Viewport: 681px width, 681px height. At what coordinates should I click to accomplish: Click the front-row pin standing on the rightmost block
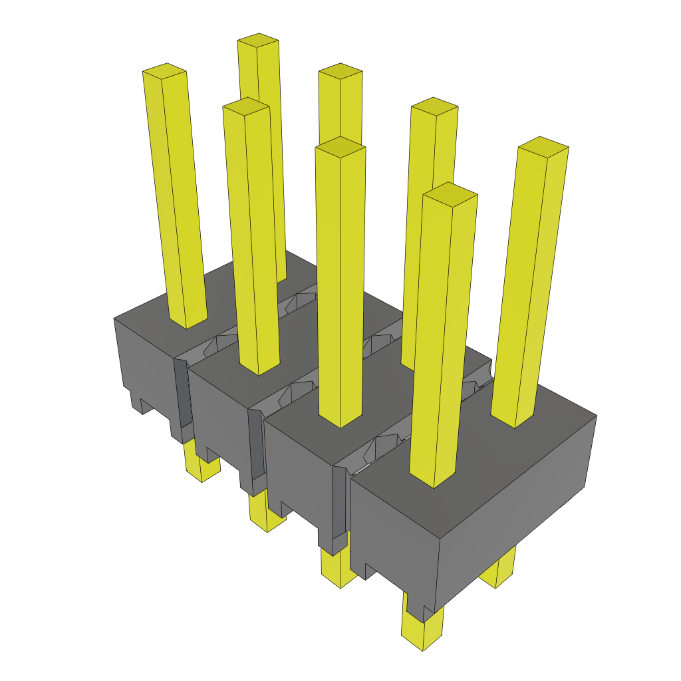442,333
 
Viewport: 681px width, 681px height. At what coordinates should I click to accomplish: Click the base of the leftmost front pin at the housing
187,323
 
